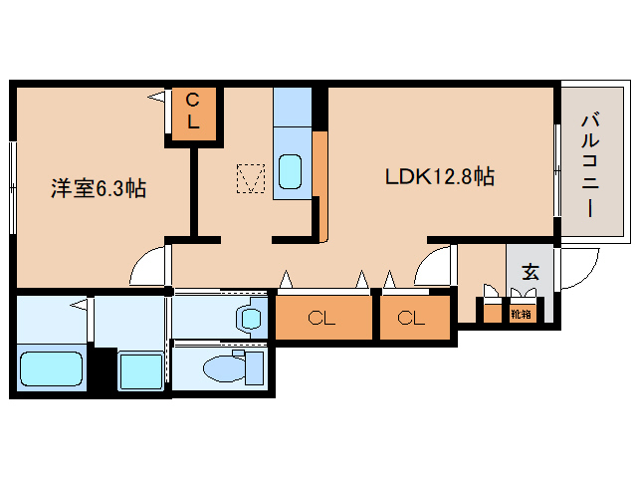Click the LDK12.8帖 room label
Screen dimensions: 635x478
[x=439, y=176]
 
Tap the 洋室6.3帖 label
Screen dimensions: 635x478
[x=99, y=188]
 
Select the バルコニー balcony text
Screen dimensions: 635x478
[x=591, y=165]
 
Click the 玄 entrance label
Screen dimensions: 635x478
[x=529, y=272]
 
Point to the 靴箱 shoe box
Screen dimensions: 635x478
[x=521, y=314]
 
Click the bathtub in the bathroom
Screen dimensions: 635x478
[x=51, y=367]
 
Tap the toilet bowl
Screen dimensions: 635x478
[x=224, y=367]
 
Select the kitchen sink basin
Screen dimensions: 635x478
[x=290, y=171]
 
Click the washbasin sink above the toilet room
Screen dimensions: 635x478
[x=251, y=318]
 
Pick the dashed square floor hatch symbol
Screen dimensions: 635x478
[x=251, y=178]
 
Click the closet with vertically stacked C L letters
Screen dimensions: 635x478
[x=193, y=115]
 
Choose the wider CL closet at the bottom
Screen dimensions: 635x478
[x=323, y=318]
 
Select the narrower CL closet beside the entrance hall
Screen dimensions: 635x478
[x=415, y=318]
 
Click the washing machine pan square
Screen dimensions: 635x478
[x=141, y=370]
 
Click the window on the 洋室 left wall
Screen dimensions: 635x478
[x=13, y=187]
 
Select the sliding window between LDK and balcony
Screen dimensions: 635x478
[x=557, y=171]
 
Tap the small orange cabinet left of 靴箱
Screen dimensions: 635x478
[x=492, y=314]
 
